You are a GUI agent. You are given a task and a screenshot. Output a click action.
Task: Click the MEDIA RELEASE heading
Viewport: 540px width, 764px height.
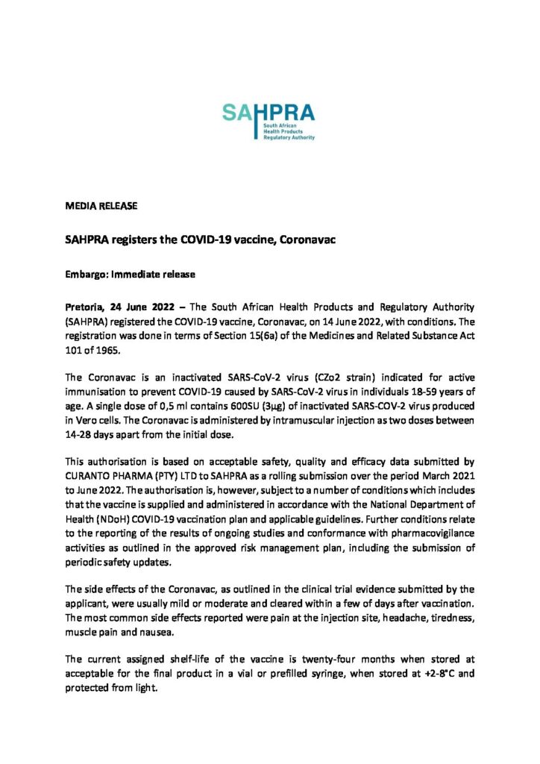click(x=101, y=205)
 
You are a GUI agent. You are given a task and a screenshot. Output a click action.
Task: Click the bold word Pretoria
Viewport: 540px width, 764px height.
click(x=85, y=307)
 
